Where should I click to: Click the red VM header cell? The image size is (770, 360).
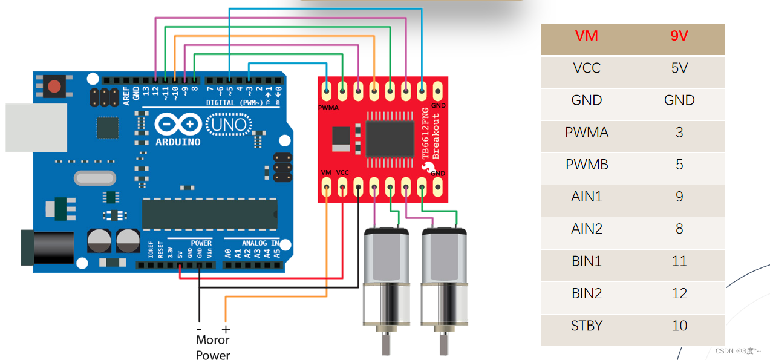586,36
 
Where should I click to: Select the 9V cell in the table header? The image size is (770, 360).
679,36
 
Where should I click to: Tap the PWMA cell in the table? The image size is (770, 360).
586,133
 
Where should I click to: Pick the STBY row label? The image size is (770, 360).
586,326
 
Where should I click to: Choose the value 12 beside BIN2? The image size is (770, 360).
679,293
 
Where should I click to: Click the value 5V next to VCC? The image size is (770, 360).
679,68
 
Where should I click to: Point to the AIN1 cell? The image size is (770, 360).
586,197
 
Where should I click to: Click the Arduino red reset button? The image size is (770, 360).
55,87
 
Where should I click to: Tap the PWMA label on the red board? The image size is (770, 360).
328,108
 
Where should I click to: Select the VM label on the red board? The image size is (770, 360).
326,173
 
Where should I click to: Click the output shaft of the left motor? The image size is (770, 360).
385,344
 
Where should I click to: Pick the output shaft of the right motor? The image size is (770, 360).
444,344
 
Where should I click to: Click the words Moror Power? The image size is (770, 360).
213,347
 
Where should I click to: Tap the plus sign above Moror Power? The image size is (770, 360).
226,329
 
